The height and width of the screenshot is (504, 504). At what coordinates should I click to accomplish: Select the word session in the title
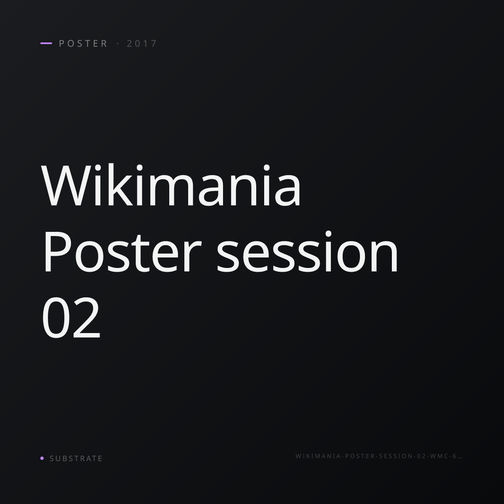pyautogui.click(x=307, y=252)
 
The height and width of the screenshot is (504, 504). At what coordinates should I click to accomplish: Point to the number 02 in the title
pyautogui.click(x=71, y=318)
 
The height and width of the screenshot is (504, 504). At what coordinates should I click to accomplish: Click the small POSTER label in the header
pyautogui.click(x=84, y=43)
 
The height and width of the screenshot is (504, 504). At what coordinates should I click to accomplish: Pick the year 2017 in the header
pyautogui.click(x=142, y=43)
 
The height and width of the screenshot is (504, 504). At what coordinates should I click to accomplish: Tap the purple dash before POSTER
pyautogui.click(x=46, y=43)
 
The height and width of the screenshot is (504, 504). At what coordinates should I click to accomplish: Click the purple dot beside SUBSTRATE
pyautogui.click(x=42, y=458)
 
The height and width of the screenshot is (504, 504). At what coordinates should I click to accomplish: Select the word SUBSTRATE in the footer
pyautogui.click(x=76, y=458)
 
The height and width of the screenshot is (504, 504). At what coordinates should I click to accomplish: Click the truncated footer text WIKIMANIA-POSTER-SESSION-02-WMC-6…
pyautogui.click(x=379, y=456)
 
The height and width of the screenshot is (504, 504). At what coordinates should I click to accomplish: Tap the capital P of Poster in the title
pyautogui.click(x=58, y=252)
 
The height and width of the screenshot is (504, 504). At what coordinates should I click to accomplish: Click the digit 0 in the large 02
pyautogui.click(x=55, y=318)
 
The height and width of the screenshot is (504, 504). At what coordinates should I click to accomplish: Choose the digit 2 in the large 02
pyautogui.click(x=87, y=318)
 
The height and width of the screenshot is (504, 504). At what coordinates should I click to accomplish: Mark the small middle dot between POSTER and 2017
pyautogui.click(x=118, y=43)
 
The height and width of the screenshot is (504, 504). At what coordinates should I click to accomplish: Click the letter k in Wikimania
pyautogui.click(x=118, y=185)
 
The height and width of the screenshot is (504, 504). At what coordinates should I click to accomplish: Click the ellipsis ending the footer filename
pyautogui.click(x=460, y=458)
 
